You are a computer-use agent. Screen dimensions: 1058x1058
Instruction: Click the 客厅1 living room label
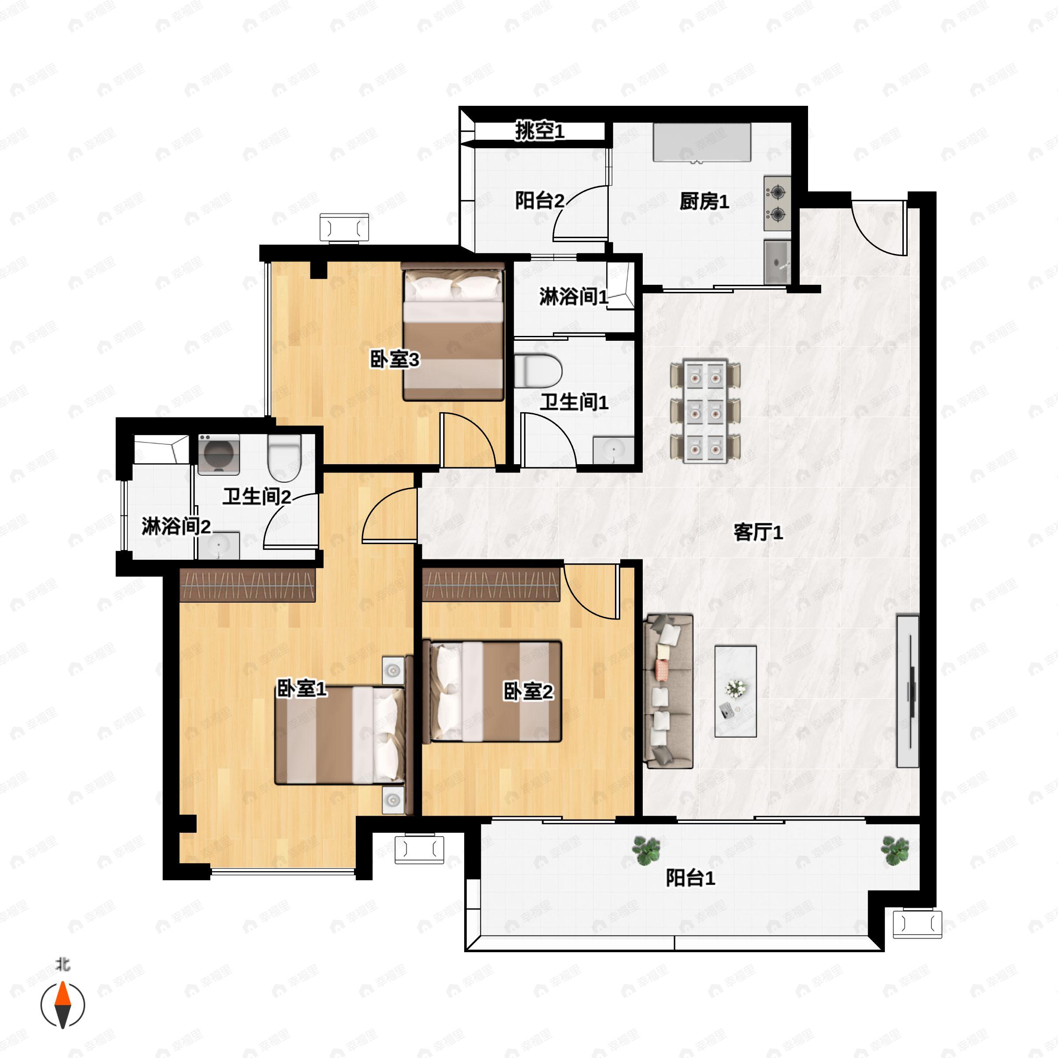coord(758,532)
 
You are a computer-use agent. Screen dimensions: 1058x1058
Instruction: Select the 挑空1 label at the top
coord(540,131)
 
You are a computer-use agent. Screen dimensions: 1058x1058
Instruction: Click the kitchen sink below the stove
coord(778,262)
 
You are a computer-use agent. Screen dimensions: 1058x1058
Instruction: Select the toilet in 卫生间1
coord(538,371)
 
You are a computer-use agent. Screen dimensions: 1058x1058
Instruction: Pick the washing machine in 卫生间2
coord(219,454)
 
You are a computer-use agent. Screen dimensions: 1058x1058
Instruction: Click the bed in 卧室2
coord(492,692)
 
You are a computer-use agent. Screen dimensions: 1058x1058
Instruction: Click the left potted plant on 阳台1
coord(646,850)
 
